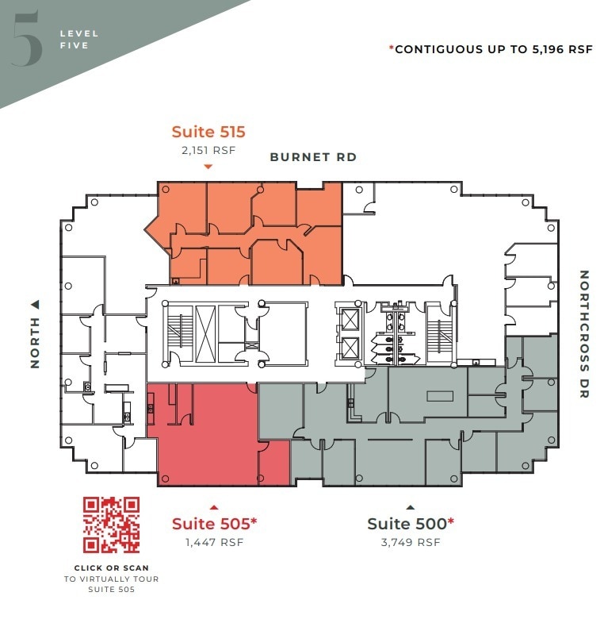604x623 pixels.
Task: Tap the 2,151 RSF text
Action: tap(208, 150)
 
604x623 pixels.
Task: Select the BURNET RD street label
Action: tap(313, 157)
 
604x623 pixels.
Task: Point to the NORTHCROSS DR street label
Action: tap(584, 334)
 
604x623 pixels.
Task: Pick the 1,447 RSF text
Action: tap(214, 543)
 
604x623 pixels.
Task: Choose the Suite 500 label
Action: tap(410, 524)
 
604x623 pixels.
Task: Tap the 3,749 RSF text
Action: tap(411, 543)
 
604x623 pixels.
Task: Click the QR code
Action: tap(112, 525)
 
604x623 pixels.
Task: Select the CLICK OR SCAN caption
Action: tap(112, 568)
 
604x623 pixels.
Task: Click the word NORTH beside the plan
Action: tap(35, 344)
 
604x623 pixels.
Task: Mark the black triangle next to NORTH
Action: tap(35, 304)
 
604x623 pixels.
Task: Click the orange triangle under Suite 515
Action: tap(208, 167)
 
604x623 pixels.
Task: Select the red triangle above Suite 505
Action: tap(213, 506)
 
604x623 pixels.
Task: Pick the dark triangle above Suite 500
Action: tap(410, 506)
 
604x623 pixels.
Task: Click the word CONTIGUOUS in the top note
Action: tap(444, 49)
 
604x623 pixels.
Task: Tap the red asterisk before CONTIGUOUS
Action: tap(391, 48)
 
